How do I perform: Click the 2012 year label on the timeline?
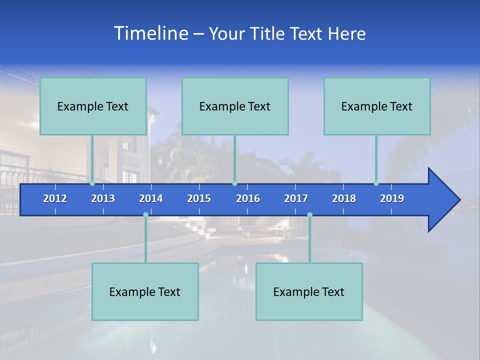[x=55, y=198]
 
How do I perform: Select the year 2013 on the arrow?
[x=103, y=198]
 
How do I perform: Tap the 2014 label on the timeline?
[x=151, y=198]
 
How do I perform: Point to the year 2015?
[x=199, y=198]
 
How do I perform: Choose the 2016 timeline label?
[x=248, y=198]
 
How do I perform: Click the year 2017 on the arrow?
[x=296, y=198]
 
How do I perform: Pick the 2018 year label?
[x=344, y=198]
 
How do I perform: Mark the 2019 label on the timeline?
[x=392, y=198]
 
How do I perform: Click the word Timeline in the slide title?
[x=149, y=33]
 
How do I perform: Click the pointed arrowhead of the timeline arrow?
[x=445, y=199]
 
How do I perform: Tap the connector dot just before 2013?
[x=92, y=183]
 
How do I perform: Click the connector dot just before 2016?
[x=234, y=183]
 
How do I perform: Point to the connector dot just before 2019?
[x=376, y=183]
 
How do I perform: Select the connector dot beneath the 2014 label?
[x=145, y=215]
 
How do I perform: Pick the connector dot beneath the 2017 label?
[x=309, y=215]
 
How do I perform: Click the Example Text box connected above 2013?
[x=93, y=106]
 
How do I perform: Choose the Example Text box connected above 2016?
[x=235, y=106]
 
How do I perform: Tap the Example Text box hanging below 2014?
[x=145, y=292]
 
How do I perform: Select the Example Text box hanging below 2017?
[x=309, y=292]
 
